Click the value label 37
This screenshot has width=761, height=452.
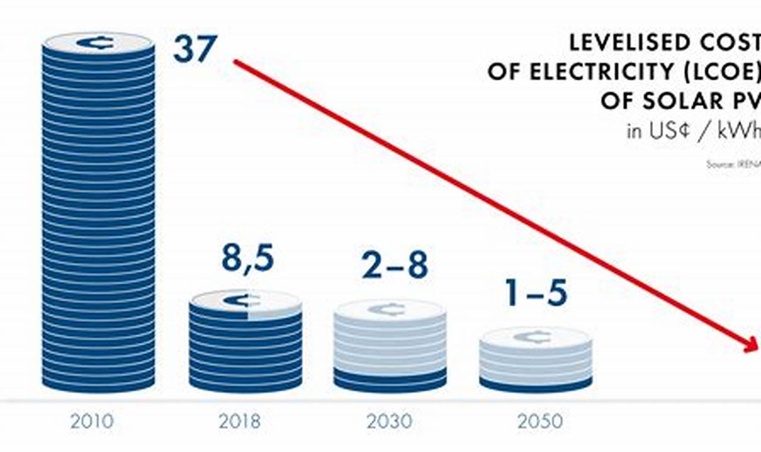pyautogui.click(x=195, y=49)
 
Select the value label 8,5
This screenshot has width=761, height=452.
pyautogui.click(x=248, y=259)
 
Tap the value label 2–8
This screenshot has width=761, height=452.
pyautogui.click(x=395, y=266)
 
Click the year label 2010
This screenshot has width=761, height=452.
pyautogui.click(x=92, y=422)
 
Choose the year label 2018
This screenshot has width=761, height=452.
pyautogui.click(x=240, y=422)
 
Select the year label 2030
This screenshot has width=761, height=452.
pyautogui.click(x=389, y=422)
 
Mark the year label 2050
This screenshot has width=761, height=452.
pyautogui.click(x=540, y=422)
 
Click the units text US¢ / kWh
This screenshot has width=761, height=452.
pyautogui.click(x=693, y=131)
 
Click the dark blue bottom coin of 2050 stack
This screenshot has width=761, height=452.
pyautogui.click(x=535, y=384)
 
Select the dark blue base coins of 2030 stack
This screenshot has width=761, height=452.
pyautogui.click(x=390, y=381)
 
